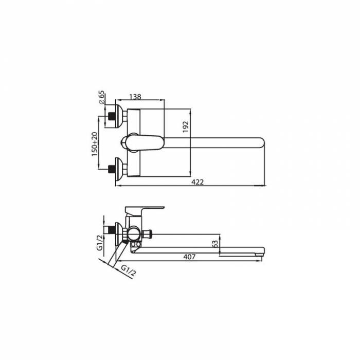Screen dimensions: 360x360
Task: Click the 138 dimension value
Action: pos(135,97)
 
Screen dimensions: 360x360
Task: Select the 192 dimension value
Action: pos(186,127)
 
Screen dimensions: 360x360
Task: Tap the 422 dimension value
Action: pos(197,182)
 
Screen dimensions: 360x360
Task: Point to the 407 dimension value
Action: pos(189,257)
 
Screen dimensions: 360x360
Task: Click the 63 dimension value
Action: pos(214,244)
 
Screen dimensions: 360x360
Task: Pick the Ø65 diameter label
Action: pos(101,97)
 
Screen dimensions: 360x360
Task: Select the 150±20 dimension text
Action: pos(95,144)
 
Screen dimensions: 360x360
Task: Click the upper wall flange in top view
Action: pos(119,116)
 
